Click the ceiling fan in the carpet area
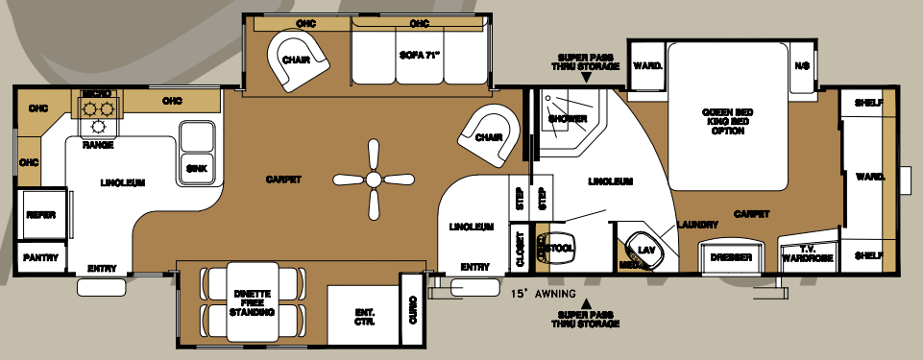pyautogui.click(x=370, y=179)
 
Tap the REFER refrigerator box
pyautogui.click(x=39, y=215)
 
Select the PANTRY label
pyautogui.click(x=40, y=257)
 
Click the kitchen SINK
pyautogui.click(x=196, y=167)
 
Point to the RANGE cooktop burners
pyautogui.click(x=98, y=119)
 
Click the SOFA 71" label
pyautogui.click(x=419, y=56)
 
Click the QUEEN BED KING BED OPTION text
pyautogui.click(x=728, y=121)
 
